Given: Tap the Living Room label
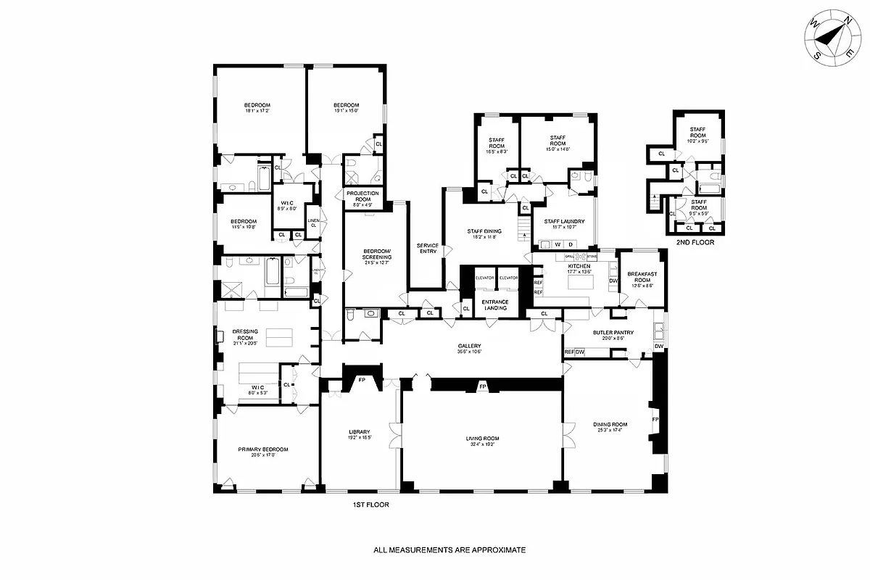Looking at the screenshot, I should pos(482,439).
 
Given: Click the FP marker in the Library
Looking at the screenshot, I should pos(362,379).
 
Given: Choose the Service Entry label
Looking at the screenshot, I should pos(427,248).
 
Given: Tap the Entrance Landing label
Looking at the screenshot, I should pos(496,304).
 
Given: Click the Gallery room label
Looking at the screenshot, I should pos(469,347).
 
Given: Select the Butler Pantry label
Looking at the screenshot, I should pos(608,333).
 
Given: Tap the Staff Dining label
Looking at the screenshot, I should pos(484,231).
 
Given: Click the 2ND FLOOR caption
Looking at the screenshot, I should pos(695,243).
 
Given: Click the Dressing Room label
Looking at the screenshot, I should pos(245,334).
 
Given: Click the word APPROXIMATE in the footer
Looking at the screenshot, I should pos(496,550).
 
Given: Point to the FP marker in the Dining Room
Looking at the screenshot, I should pos(655,420).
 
